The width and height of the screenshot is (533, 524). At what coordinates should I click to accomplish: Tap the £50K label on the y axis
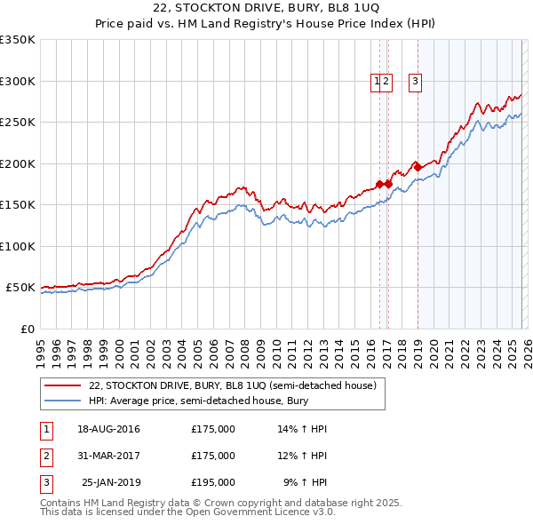point(20,288)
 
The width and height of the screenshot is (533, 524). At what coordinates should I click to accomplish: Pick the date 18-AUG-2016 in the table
point(108,429)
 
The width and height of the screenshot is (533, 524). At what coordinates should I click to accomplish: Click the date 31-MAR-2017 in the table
point(108,456)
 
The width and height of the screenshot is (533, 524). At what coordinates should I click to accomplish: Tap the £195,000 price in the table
point(213,482)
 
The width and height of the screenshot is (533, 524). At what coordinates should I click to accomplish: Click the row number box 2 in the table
point(46,456)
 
